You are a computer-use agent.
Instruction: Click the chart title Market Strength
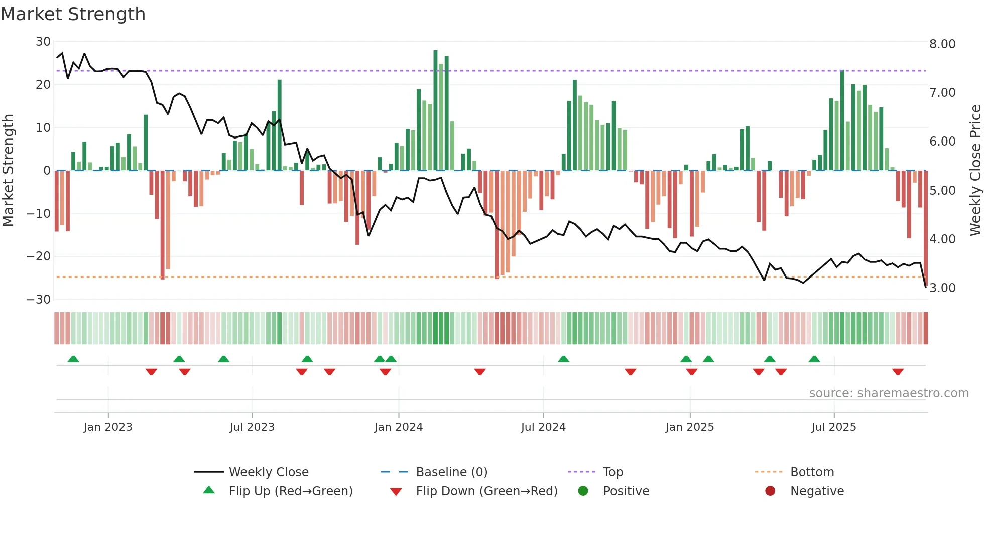[x=73, y=14]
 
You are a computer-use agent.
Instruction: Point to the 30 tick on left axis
[x=43, y=42]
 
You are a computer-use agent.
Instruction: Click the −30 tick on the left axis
[x=39, y=300]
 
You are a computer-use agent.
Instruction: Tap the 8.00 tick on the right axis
[x=942, y=44]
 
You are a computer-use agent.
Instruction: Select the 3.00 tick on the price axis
[x=942, y=288]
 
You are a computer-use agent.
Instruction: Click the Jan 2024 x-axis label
[x=398, y=427]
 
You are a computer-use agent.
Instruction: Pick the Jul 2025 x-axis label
[x=833, y=427]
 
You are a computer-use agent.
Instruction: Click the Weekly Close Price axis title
[x=975, y=170]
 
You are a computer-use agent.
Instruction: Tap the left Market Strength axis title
[x=8, y=170]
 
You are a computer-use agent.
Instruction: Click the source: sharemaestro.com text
[x=889, y=393]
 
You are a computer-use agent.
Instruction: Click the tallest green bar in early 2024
[x=435, y=110]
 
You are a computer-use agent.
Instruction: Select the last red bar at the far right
[x=926, y=226]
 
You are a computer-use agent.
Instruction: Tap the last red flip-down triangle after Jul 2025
[x=898, y=372]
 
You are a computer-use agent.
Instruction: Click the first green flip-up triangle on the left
[x=73, y=359]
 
